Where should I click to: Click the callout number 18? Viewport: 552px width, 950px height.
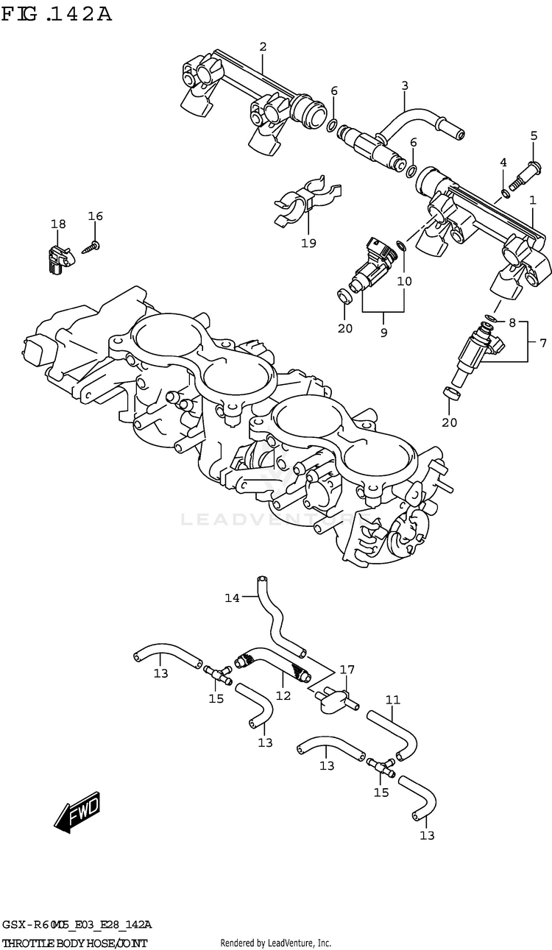pos(58,224)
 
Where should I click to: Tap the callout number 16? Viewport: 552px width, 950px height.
pos(96,216)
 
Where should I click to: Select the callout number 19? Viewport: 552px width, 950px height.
pos(308,243)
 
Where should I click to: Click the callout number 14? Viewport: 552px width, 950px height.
pos(232,598)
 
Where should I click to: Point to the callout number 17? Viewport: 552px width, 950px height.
pos(347,670)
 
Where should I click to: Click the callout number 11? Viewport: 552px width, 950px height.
pos(392,699)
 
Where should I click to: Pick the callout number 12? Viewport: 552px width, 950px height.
pos(283,694)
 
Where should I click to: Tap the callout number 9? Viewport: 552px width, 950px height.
pos(383,333)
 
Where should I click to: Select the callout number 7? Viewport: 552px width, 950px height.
pos(542,342)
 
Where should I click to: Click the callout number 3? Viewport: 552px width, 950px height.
pos(404,86)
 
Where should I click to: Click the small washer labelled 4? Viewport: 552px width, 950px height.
pos(503,193)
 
